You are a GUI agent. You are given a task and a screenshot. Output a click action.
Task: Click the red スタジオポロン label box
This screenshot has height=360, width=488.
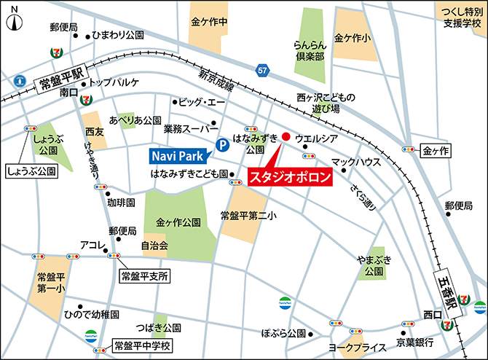tap(290, 177)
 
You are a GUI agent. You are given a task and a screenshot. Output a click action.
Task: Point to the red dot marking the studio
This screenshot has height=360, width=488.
tap(286, 136)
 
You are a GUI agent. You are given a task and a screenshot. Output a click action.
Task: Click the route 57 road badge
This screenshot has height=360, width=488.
tap(261, 69)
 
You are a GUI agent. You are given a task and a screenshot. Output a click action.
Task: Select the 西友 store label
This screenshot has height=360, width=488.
tap(95, 132)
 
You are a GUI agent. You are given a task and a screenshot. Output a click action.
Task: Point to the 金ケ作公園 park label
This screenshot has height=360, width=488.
tap(178, 222)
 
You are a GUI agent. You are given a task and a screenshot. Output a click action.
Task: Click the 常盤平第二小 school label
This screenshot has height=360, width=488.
tap(248, 216)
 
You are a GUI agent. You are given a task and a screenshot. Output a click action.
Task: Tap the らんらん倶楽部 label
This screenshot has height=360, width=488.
tap(309, 52)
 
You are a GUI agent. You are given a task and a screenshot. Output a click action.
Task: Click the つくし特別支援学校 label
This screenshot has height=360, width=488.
tap(463, 18)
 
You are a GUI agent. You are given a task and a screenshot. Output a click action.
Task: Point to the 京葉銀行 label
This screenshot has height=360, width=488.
tap(415, 342)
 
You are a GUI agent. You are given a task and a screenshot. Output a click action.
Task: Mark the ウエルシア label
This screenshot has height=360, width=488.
tap(316, 138)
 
